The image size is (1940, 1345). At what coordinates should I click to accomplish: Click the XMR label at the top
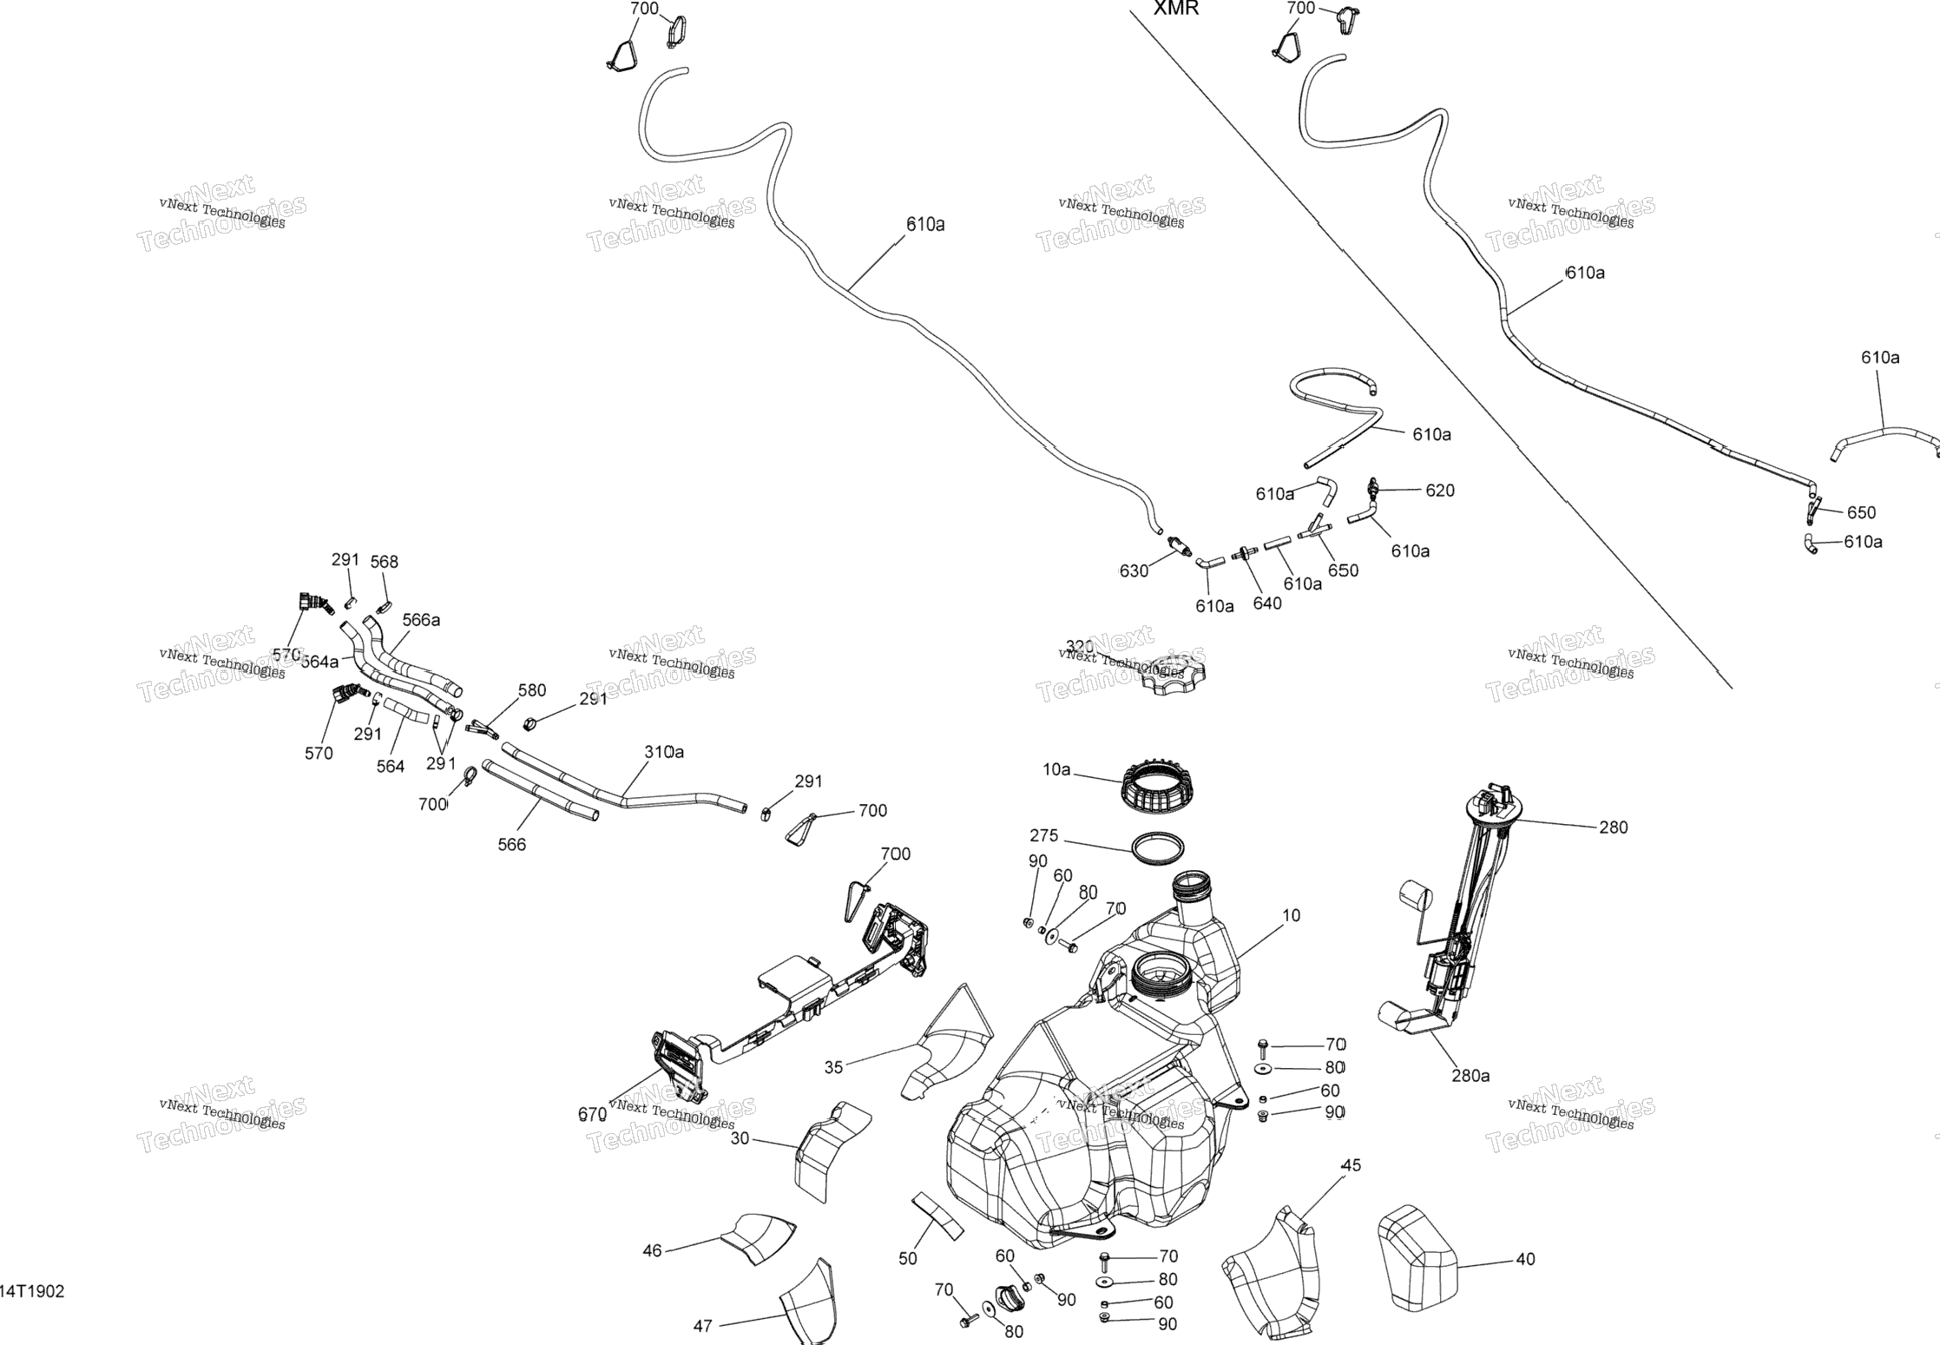[1176, 9]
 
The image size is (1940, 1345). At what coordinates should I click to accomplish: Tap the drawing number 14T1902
[32, 1291]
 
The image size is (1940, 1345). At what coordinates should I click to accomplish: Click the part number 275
[1044, 836]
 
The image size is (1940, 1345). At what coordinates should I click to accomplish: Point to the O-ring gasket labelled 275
[1159, 848]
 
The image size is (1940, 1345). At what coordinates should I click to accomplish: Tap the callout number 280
[1614, 827]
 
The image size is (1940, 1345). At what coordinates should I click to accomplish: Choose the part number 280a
[1470, 1076]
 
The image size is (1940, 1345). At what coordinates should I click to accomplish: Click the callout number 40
[1525, 1259]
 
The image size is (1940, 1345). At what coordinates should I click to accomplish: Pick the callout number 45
[1351, 1165]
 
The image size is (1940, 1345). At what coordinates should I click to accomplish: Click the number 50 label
[908, 1258]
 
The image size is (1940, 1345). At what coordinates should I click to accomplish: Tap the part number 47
[703, 1326]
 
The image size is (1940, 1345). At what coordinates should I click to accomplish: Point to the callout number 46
[652, 1250]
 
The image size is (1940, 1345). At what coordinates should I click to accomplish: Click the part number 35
[833, 1067]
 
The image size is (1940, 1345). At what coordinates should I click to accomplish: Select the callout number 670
[592, 1115]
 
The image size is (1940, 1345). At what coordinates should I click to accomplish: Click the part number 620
[1440, 491]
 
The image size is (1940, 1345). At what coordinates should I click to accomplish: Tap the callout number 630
[1134, 570]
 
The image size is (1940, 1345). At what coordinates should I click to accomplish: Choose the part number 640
[1267, 603]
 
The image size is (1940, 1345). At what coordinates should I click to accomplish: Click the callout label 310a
[664, 752]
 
